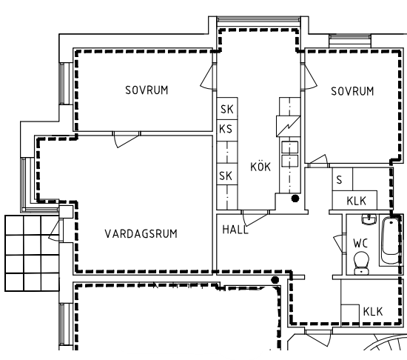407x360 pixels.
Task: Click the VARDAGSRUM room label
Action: click(141, 234)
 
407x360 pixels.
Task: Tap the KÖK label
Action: click(260, 167)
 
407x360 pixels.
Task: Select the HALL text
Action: click(235, 230)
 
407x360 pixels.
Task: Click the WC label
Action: click(360, 244)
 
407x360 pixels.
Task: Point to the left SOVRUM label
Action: click(147, 90)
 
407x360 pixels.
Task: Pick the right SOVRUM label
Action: click(352, 91)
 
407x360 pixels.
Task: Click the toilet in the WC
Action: click(362, 262)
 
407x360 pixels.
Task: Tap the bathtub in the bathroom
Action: click(391, 240)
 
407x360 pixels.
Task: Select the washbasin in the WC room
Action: click(369, 219)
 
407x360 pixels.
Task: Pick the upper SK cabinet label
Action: click(227, 110)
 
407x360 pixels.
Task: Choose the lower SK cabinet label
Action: click(225, 176)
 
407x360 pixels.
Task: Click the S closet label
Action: click(339, 180)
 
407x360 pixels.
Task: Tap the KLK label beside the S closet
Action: click(356, 201)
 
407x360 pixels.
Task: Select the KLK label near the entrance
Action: click(373, 311)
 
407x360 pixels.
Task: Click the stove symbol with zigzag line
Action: click(288, 126)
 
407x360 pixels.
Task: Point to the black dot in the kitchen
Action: click(295, 199)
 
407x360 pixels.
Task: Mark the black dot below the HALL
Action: click(275, 280)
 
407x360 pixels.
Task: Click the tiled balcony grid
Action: click(32, 253)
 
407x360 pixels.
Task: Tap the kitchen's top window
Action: click(258, 20)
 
